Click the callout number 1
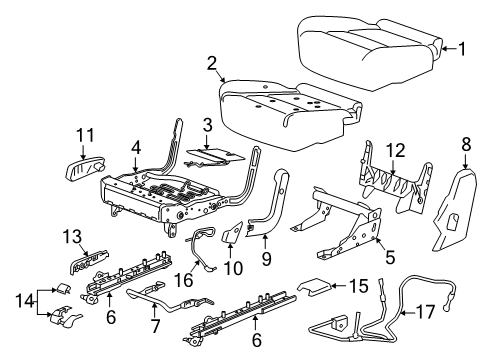pyautogui.click(x=462, y=47)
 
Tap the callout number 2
pyautogui.click(x=212, y=65)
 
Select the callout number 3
pyautogui.click(x=206, y=125)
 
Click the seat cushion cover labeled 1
pyautogui.click(x=370, y=35)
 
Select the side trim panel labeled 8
pyautogui.click(x=453, y=205)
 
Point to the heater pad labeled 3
pyautogui.click(x=215, y=151)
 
